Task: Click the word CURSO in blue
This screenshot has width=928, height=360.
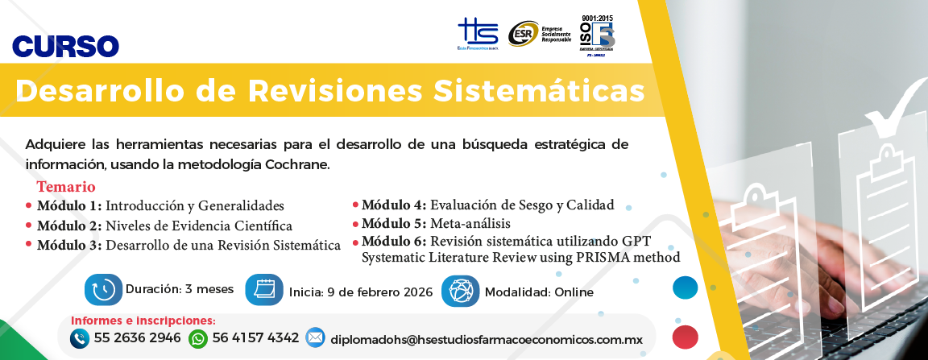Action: tap(66, 46)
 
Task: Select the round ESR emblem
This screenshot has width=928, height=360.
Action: tap(523, 34)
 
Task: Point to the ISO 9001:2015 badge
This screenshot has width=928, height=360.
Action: tap(597, 33)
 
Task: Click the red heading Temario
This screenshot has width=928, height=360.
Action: tap(66, 187)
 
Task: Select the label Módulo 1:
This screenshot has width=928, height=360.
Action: tap(69, 205)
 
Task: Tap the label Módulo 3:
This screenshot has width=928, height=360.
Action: tap(69, 245)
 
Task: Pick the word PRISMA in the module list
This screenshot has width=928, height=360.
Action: tap(590, 258)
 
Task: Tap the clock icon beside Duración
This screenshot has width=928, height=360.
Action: tap(103, 290)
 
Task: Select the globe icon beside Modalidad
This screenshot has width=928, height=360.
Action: tap(460, 291)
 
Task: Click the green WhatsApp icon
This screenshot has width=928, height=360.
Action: tap(197, 339)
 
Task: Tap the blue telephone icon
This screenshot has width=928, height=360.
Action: tap(79, 339)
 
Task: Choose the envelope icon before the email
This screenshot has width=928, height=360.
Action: tap(315, 338)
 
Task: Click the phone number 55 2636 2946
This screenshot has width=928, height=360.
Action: tap(137, 338)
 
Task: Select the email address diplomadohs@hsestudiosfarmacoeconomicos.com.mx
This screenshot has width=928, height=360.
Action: tap(487, 340)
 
